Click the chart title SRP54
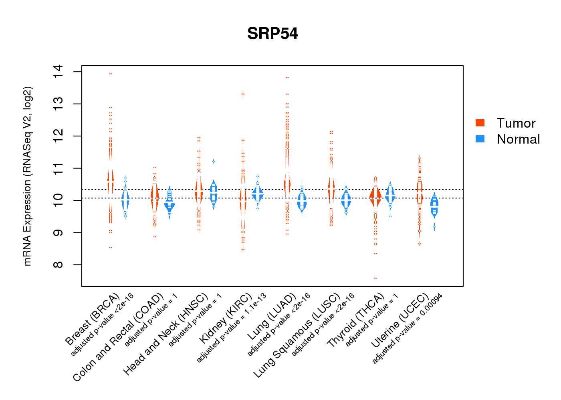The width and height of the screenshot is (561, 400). [272, 34]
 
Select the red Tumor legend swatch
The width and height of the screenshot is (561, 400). [480, 123]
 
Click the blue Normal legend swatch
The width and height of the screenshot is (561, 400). [480, 139]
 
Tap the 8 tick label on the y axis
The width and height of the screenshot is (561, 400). [59, 265]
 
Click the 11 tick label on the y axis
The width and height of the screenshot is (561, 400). [59, 168]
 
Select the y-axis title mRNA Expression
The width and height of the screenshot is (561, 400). [27, 176]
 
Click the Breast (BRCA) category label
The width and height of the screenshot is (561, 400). [92, 319]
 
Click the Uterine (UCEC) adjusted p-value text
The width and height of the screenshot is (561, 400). [407, 329]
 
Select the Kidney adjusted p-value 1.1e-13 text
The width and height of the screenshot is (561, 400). [231, 328]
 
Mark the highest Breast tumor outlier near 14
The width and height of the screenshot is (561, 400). [111, 74]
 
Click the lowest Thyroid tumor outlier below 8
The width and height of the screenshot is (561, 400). [375, 278]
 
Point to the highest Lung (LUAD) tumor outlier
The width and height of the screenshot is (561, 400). [287, 78]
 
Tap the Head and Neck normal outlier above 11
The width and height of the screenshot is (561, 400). [214, 162]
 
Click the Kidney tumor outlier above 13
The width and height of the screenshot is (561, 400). [243, 94]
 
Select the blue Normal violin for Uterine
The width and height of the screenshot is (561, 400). [434, 205]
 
